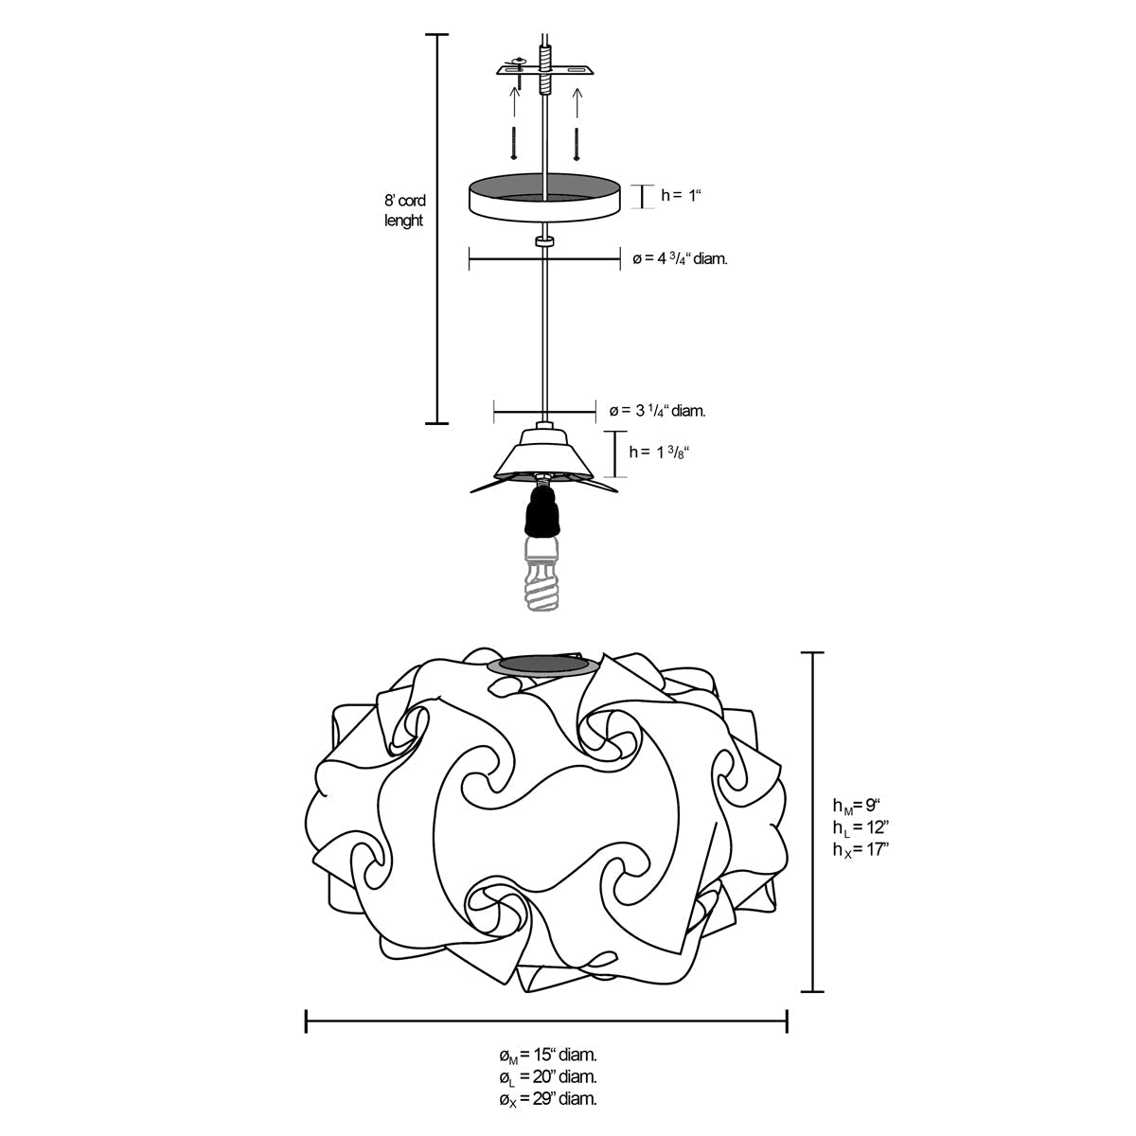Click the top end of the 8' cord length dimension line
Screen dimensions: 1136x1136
point(436,35)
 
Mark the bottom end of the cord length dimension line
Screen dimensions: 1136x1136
point(436,422)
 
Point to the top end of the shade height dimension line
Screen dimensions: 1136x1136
point(813,653)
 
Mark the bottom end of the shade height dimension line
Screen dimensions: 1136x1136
point(813,991)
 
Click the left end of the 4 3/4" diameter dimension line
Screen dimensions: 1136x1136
point(470,258)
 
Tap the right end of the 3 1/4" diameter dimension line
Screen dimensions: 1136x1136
point(595,411)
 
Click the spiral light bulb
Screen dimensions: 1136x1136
point(542,576)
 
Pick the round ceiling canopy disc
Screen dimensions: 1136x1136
point(544,198)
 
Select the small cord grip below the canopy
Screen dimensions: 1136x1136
point(544,241)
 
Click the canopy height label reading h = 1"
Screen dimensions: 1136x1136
point(682,195)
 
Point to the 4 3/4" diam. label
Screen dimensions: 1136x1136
point(680,258)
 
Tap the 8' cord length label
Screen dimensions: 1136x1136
point(404,210)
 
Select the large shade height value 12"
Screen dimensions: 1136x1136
point(878,827)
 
